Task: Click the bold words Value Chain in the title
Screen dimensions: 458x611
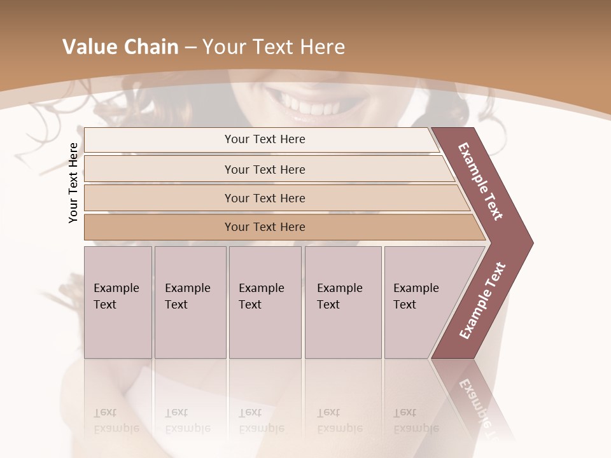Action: [120, 47]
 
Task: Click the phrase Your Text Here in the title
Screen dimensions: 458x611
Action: [274, 47]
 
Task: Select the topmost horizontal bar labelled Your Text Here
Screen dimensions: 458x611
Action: [264, 139]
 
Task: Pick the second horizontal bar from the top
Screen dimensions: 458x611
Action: [264, 169]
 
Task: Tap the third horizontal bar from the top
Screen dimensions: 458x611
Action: [264, 198]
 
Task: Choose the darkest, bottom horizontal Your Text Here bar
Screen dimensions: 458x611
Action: [264, 227]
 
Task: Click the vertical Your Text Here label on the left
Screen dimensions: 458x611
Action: [73, 183]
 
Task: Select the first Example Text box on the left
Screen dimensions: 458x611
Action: [118, 302]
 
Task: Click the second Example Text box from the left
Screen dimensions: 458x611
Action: [190, 302]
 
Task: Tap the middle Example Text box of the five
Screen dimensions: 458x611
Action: [265, 302]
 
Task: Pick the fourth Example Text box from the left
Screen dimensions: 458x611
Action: [342, 302]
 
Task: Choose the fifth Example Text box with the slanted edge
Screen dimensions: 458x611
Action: [420, 302]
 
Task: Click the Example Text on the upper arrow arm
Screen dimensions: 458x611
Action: [481, 181]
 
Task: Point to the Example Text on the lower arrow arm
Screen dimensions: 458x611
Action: [482, 300]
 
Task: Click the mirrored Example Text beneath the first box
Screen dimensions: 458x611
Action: [116, 420]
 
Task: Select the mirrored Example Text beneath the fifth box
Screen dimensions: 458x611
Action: [416, 420]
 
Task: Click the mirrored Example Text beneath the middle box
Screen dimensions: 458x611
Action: [261, 420]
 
